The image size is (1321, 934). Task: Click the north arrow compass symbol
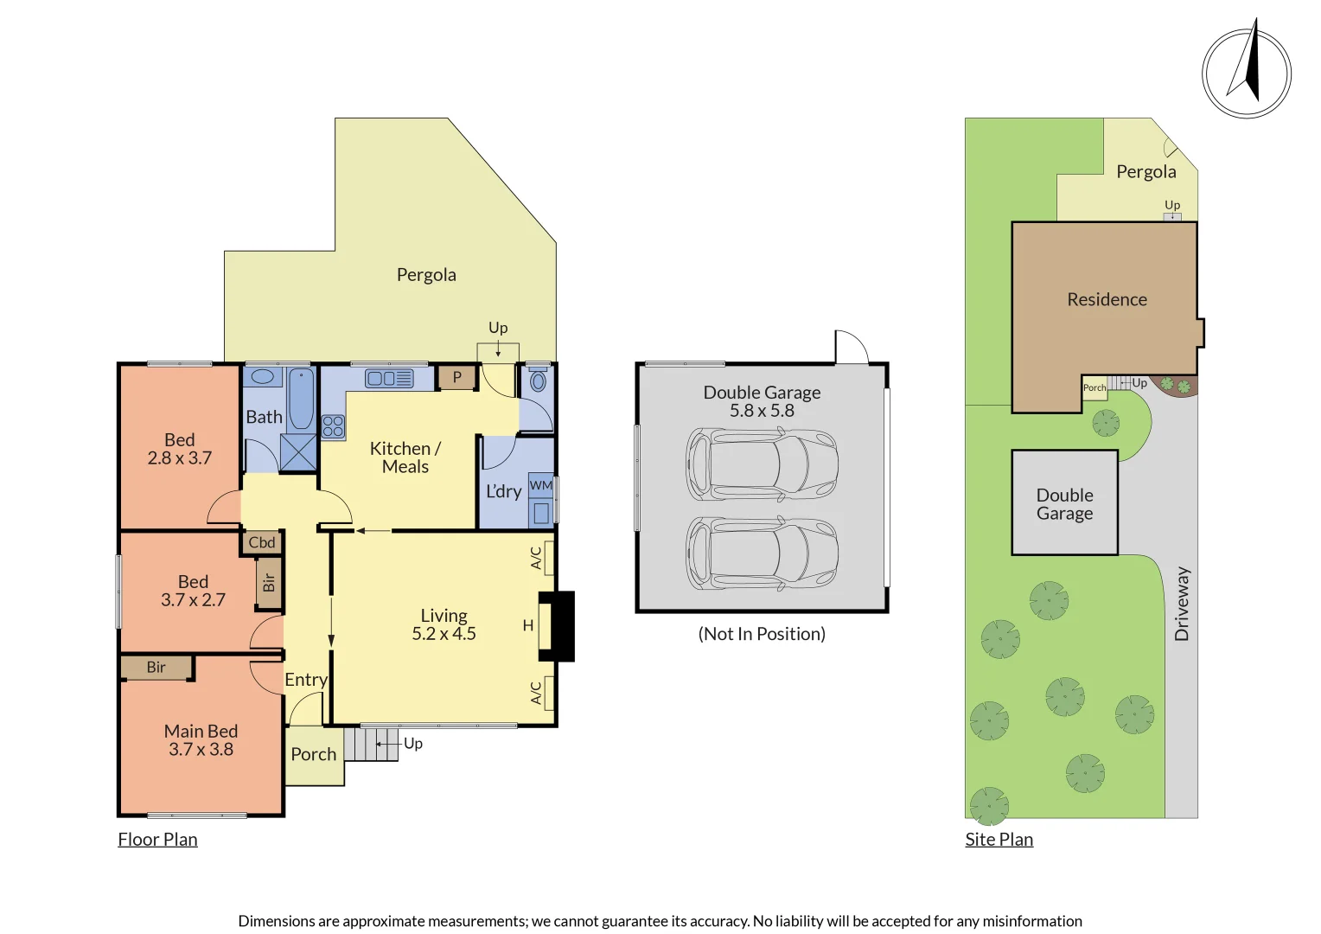pyautogui.click(x=1246, y=73)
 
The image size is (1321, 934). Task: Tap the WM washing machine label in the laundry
pyautogui.click(x=541, y=485)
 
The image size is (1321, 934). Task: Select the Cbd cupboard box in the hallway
pyautogui.click(x=262, y=542)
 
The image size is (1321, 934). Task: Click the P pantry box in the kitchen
pyautogui.click(x=457, y=377)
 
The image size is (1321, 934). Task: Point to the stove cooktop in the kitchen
pyautogui.click(x=333, y=425)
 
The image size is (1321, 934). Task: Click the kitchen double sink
pyautogui.click(x=389, y=378)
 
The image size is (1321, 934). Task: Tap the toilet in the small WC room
pyautogui.click(x=538, y=381)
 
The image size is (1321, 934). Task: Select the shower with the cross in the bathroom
pyautogui.click(x=298, y=451)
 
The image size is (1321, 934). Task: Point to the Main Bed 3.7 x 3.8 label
pyautogui.click(x=201, y=740)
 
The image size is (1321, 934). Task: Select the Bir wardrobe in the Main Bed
pyautogui.click(x=156, y=667)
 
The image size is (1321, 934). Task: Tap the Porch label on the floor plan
pyautogui.click(x=313, y=754)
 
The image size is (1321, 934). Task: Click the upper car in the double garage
pyautogui.click(x=761, y=464)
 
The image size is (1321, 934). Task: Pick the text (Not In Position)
pyautogui.click(x=762, y=634)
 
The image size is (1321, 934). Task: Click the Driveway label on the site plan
pyautogui.click(x=1182, y=604)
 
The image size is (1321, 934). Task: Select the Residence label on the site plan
pyautogui.click(x=1107, y=299)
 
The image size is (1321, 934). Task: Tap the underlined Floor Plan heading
pyautogui.click(x=157, y=839)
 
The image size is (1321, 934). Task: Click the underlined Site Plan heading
pyautogui.click(x=999, y=839)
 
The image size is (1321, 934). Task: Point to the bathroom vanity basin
pyautogui.click(x=262, y=377)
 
